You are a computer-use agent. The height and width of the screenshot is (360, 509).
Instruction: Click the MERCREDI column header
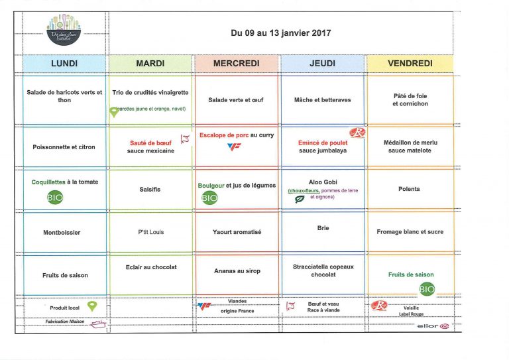point(236,63)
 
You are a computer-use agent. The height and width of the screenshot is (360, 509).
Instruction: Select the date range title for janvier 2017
point(281,32)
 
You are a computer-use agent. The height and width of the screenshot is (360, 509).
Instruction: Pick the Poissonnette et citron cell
point(64,147)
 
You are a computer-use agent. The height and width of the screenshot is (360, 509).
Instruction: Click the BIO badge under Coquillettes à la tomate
point(55,197)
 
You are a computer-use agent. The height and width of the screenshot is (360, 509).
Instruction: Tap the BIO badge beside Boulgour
point(209,198)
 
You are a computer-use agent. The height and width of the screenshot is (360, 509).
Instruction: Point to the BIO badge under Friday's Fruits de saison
point(427,288)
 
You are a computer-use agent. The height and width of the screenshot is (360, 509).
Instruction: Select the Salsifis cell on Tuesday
point(150,189)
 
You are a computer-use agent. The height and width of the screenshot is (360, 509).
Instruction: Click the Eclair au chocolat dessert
point(150,267)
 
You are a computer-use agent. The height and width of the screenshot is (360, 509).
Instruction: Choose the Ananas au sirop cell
point(236,270)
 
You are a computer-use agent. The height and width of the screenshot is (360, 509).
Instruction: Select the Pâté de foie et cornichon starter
point(410,99)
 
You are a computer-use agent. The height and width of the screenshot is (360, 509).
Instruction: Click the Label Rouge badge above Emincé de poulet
point(357,133)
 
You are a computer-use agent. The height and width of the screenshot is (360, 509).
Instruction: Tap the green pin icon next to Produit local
point(92,306)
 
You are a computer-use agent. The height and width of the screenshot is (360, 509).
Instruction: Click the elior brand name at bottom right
point(428,326)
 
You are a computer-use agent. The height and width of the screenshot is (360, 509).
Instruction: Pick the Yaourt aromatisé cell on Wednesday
point(236,232)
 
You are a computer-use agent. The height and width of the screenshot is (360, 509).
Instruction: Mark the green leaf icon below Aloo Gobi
point(299,198)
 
